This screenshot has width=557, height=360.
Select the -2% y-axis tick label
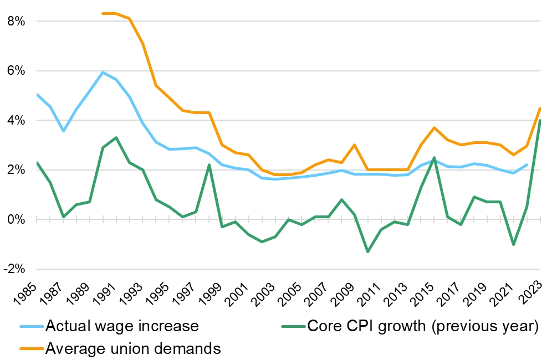coord(13,269)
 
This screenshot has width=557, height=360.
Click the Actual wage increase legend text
coord(122,326)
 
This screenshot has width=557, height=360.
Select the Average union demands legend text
coord(134,348)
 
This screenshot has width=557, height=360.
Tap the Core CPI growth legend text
coord(430,326)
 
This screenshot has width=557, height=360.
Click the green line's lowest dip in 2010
coord(367,252)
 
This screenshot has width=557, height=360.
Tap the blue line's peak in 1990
coord(103,72)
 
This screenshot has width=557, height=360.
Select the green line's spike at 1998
coord(209,164)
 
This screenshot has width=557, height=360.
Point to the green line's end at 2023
coord(540,120)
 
